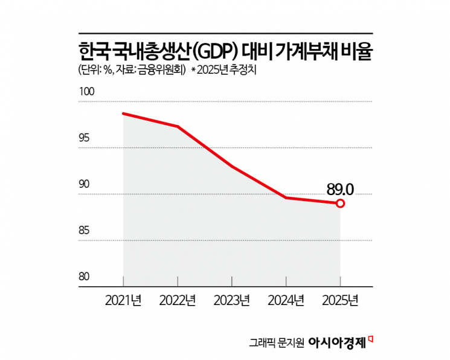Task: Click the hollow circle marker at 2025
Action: click(340, 204)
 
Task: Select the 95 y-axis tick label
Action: click(85, 138)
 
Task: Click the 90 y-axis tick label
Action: click(85, 184)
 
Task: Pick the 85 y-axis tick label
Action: click(85, 231)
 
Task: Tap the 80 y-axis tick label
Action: click(85, 277)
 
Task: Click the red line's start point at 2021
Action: click(123, 114)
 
